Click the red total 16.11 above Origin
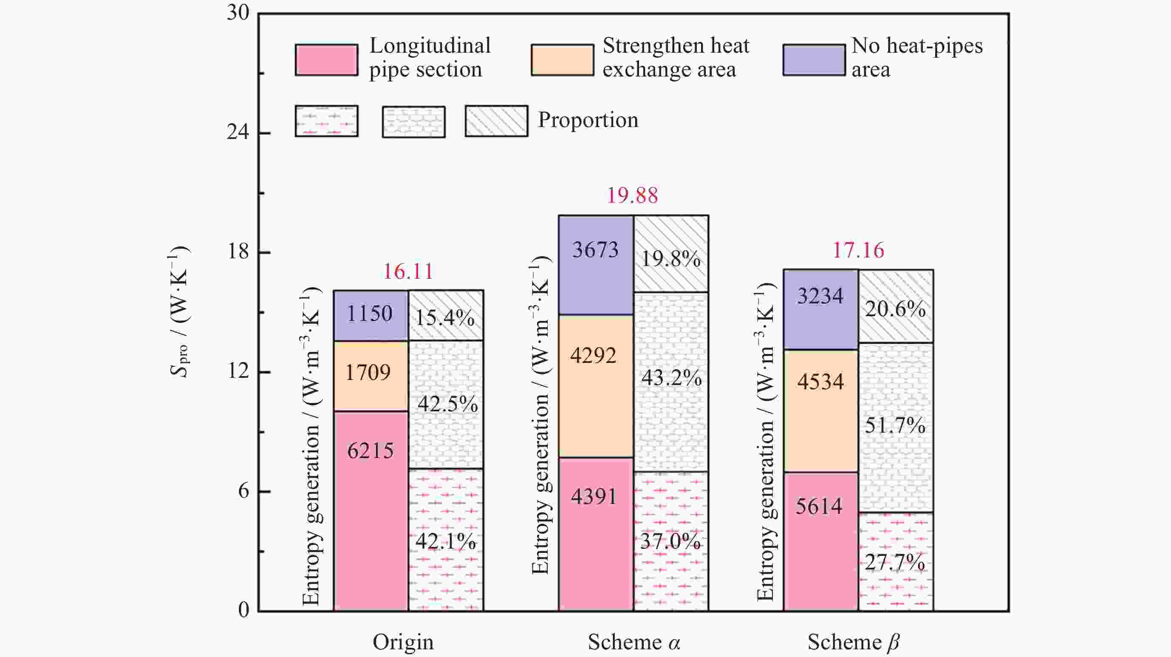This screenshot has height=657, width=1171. (408, 272)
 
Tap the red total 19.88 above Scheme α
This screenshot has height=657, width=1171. (632, 196)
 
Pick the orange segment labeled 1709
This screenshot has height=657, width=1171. (371, 376)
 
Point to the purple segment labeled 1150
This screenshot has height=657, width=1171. (371, 315)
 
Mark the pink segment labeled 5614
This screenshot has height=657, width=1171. (820, 541)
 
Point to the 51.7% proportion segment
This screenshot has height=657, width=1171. (896, 428)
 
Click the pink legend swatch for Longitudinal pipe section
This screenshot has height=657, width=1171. (326, 59)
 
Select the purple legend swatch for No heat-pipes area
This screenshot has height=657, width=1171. (814, 59)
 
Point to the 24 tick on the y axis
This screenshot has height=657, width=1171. (238, 132)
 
